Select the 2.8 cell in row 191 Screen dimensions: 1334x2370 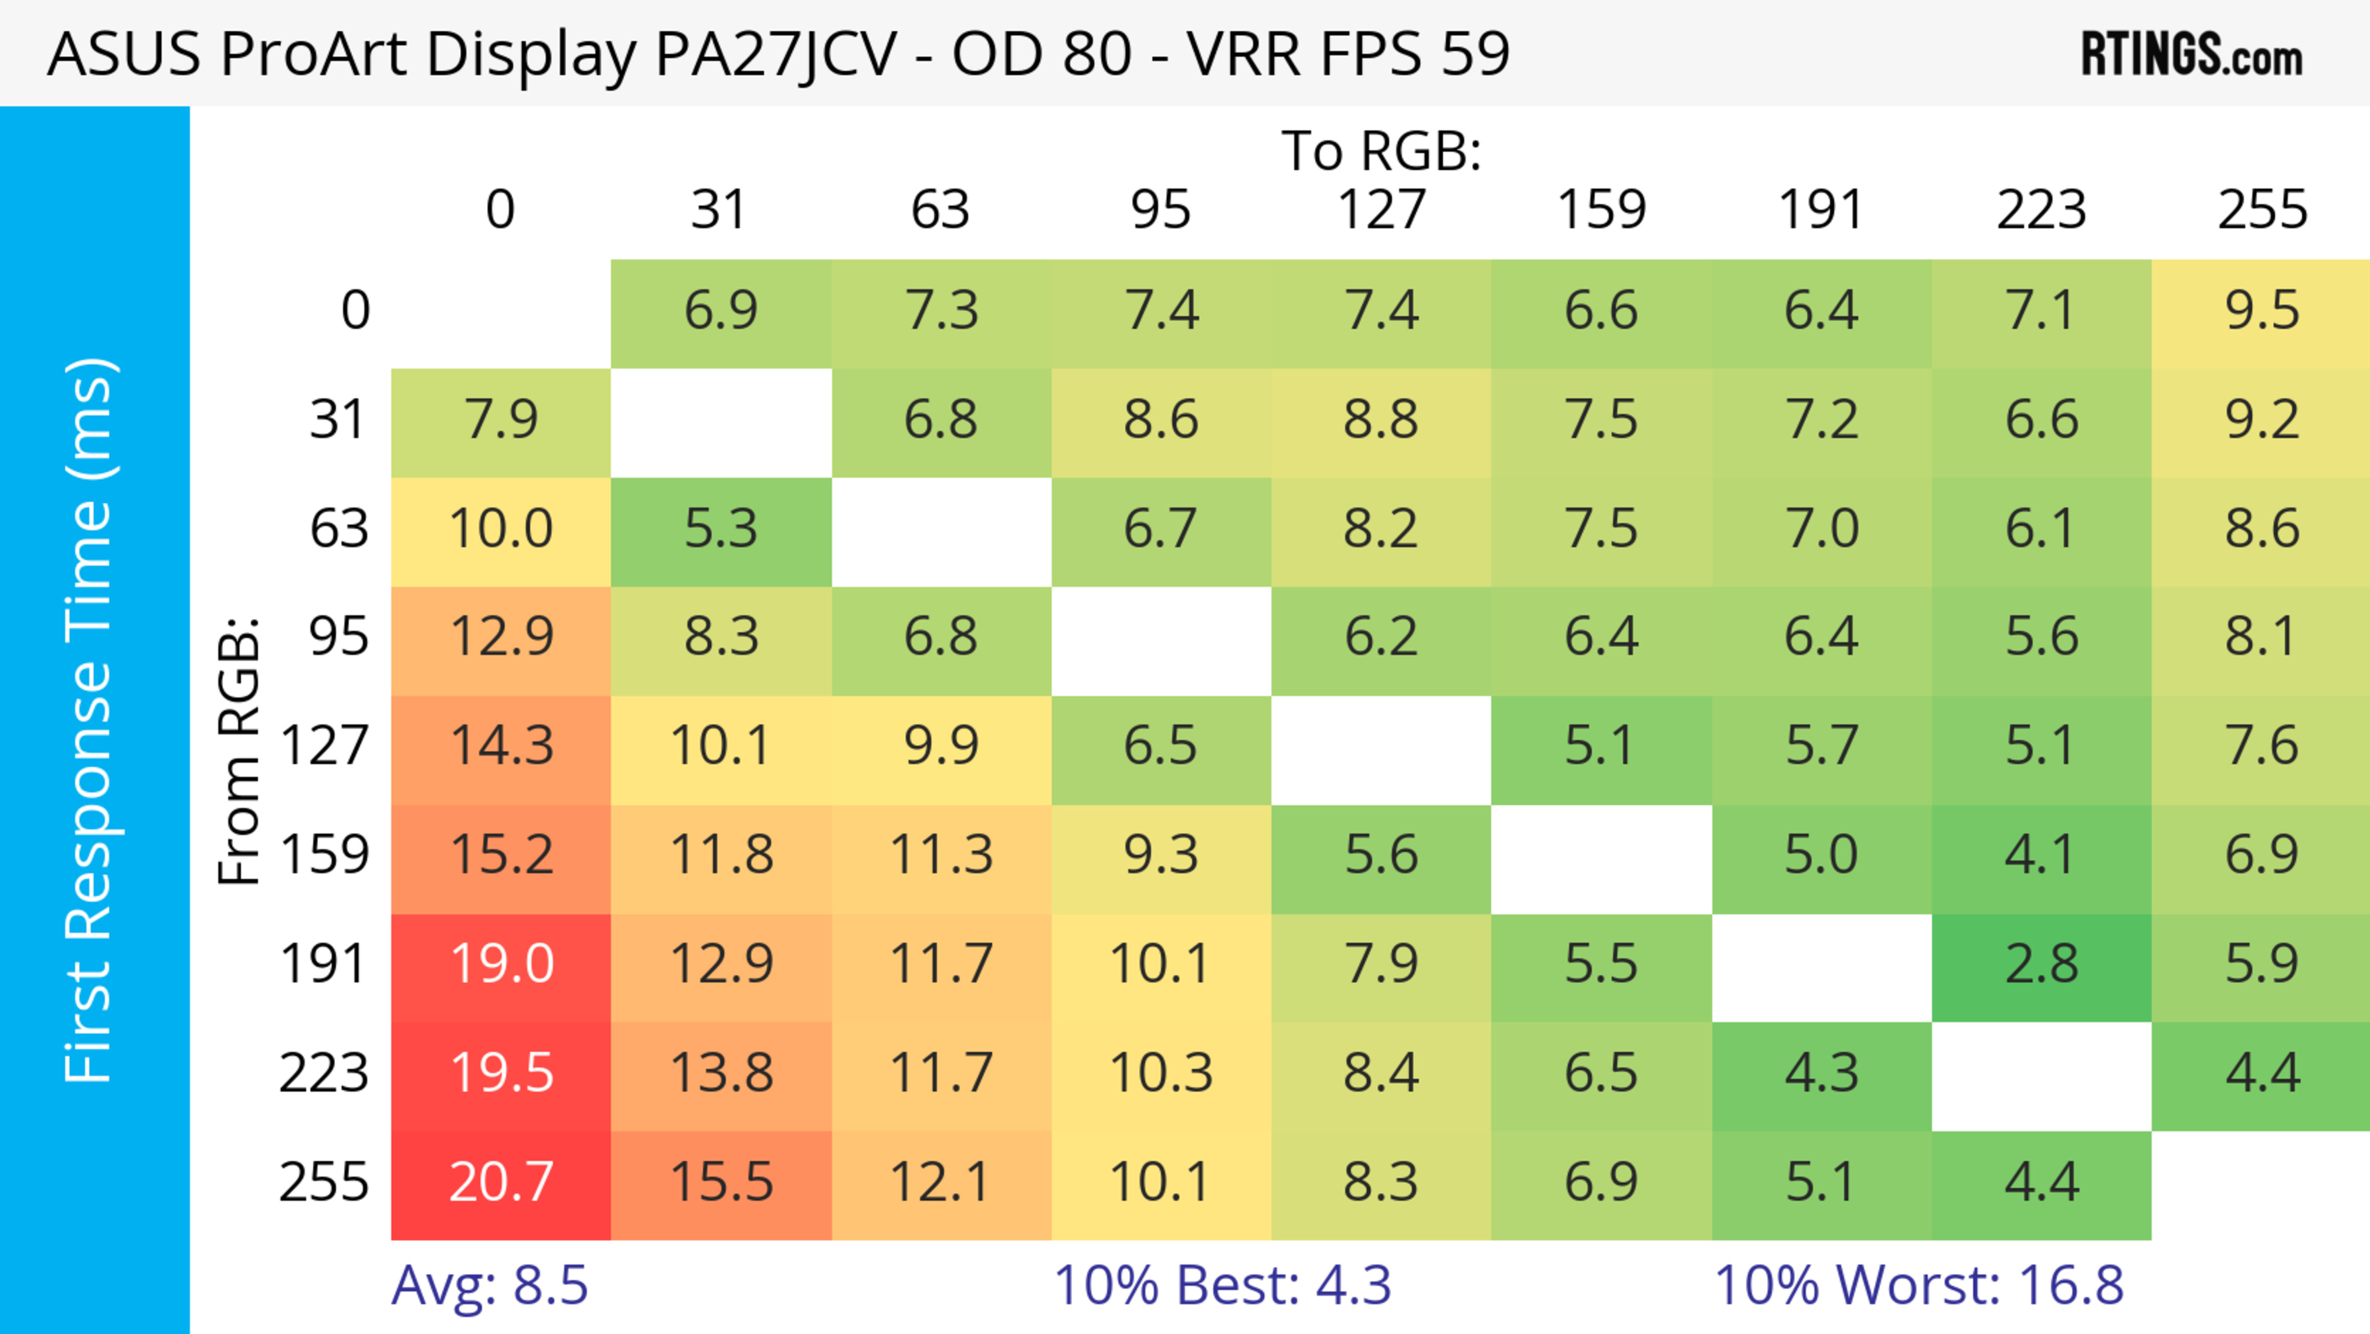point(2042,964)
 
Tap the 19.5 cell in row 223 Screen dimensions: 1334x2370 point(501,1073)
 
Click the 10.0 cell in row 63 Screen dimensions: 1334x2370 point(501,529)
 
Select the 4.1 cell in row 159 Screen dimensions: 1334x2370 point(2042,856)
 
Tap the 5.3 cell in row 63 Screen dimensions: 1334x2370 point(721,529)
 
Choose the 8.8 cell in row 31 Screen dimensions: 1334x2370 point(1381,420)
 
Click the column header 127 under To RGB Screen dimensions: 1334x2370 point(1381,210)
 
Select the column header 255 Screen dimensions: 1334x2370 point(2261,210)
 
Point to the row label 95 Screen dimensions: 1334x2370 point(339,636)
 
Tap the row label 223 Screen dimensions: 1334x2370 point(324,1073)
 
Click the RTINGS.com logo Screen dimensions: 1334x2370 point(2192,55)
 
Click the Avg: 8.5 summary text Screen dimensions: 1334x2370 point(489,1285)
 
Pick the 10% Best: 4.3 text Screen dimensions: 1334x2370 point(1222,1285)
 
